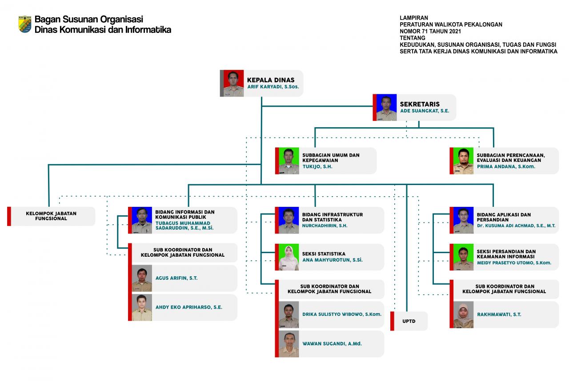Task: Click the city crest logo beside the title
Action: [x=25, y=24]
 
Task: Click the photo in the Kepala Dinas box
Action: [x=233, y=83]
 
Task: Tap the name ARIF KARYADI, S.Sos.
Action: [x=273, y=87]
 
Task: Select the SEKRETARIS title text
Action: [x=420, y=104]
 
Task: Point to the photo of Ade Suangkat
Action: [x=386, y=107]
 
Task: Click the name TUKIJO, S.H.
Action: [x=317, y=166]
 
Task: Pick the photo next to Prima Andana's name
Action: [x=463, y=161]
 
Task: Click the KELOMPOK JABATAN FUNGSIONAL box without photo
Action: [x=51, y=216]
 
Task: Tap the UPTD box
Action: [x=409, y=321]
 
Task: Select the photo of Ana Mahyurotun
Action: [x=289, y=257]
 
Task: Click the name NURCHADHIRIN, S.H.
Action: [x=325, y=226]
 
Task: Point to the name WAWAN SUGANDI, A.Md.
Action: [x=332, y=343]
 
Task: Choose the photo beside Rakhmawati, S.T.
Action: [x=463, y=315]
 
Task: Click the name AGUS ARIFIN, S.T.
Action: [x=176, y=278]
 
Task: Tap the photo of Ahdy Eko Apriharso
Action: [x=142, y=307]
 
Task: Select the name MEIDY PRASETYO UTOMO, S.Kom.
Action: [x=514, y=262]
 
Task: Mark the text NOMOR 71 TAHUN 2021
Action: [x=430, y=31]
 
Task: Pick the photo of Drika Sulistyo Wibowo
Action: [x=289, y=315]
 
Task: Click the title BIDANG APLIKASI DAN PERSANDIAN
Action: [x=504, y=217]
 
